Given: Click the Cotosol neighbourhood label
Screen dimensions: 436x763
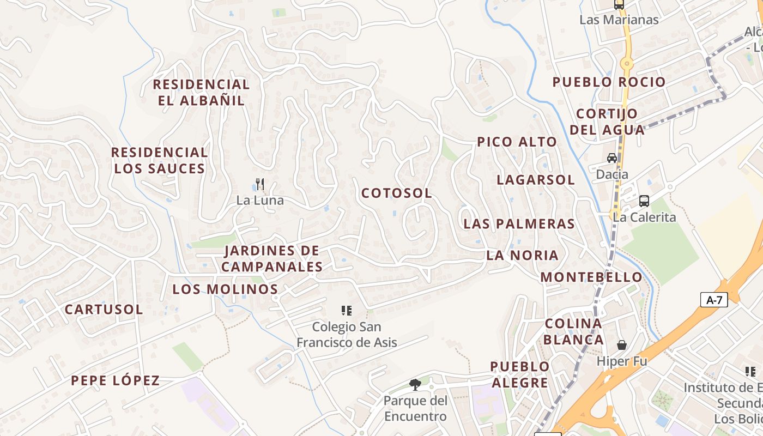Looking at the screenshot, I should tap(397, 193).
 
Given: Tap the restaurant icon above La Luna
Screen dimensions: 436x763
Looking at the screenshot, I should tap(260, 184).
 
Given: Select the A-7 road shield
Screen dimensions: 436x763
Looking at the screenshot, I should tap(714, 300).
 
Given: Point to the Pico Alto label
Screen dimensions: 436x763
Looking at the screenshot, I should tap(517, 142).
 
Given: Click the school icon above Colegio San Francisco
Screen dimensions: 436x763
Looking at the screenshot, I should tap(346, 311).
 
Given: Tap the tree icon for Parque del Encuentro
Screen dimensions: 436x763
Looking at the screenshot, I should tap(415, 385).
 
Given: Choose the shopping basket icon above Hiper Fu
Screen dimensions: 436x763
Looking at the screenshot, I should tap(621, 345).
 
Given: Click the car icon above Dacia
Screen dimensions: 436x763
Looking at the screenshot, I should tap(612, 158).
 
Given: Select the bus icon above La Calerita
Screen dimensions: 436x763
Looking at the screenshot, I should tap(644, 201).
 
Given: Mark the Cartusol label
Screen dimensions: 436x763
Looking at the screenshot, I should tap(104, 310).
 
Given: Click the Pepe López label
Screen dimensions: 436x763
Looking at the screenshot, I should tap(116, 380).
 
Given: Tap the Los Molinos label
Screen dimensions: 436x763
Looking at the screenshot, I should tap(225, 289).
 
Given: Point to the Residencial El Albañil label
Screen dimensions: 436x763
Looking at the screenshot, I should tap(201, 93).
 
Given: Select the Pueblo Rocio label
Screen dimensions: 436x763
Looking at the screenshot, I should tap(609, 82).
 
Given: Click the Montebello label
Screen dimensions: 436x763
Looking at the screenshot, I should tap(591, 277).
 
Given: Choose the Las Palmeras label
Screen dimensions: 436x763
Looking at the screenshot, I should tap(519, 224).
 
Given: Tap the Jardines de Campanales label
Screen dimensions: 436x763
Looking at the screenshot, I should tap(272, 259).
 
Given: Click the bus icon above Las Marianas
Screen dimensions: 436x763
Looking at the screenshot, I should tap(619, 5).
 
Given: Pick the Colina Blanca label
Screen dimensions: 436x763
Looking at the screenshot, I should tap(574, 331).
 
